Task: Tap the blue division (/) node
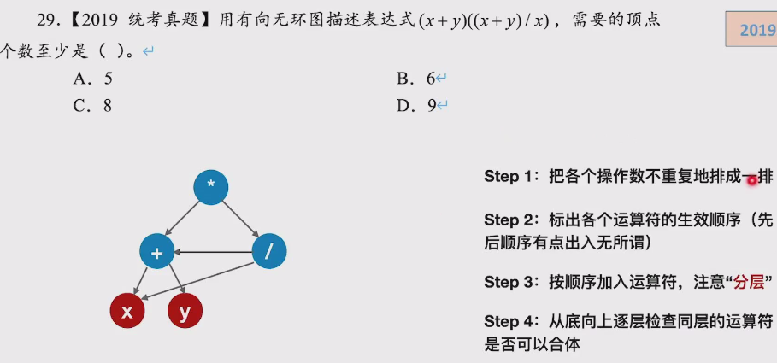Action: pyautogui.click(x=269, y=251)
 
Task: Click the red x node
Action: pyautogui.click(x=127, y=312)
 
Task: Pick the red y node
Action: pyautogui.click(x=185, y=312)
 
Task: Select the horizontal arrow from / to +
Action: pyautogui.click(x=213, y=251)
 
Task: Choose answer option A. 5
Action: pyautogui.click(x=93, y=79)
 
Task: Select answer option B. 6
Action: pyautogui.click(x=416, y=79)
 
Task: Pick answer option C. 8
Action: pyautogui.click(x=93, y=106)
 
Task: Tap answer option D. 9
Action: pyautogui.click(x=416, y=106)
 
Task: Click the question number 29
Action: pyautogui.click(x=46, y=19)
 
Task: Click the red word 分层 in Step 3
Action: pyautogui.click(x=749, y=282)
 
